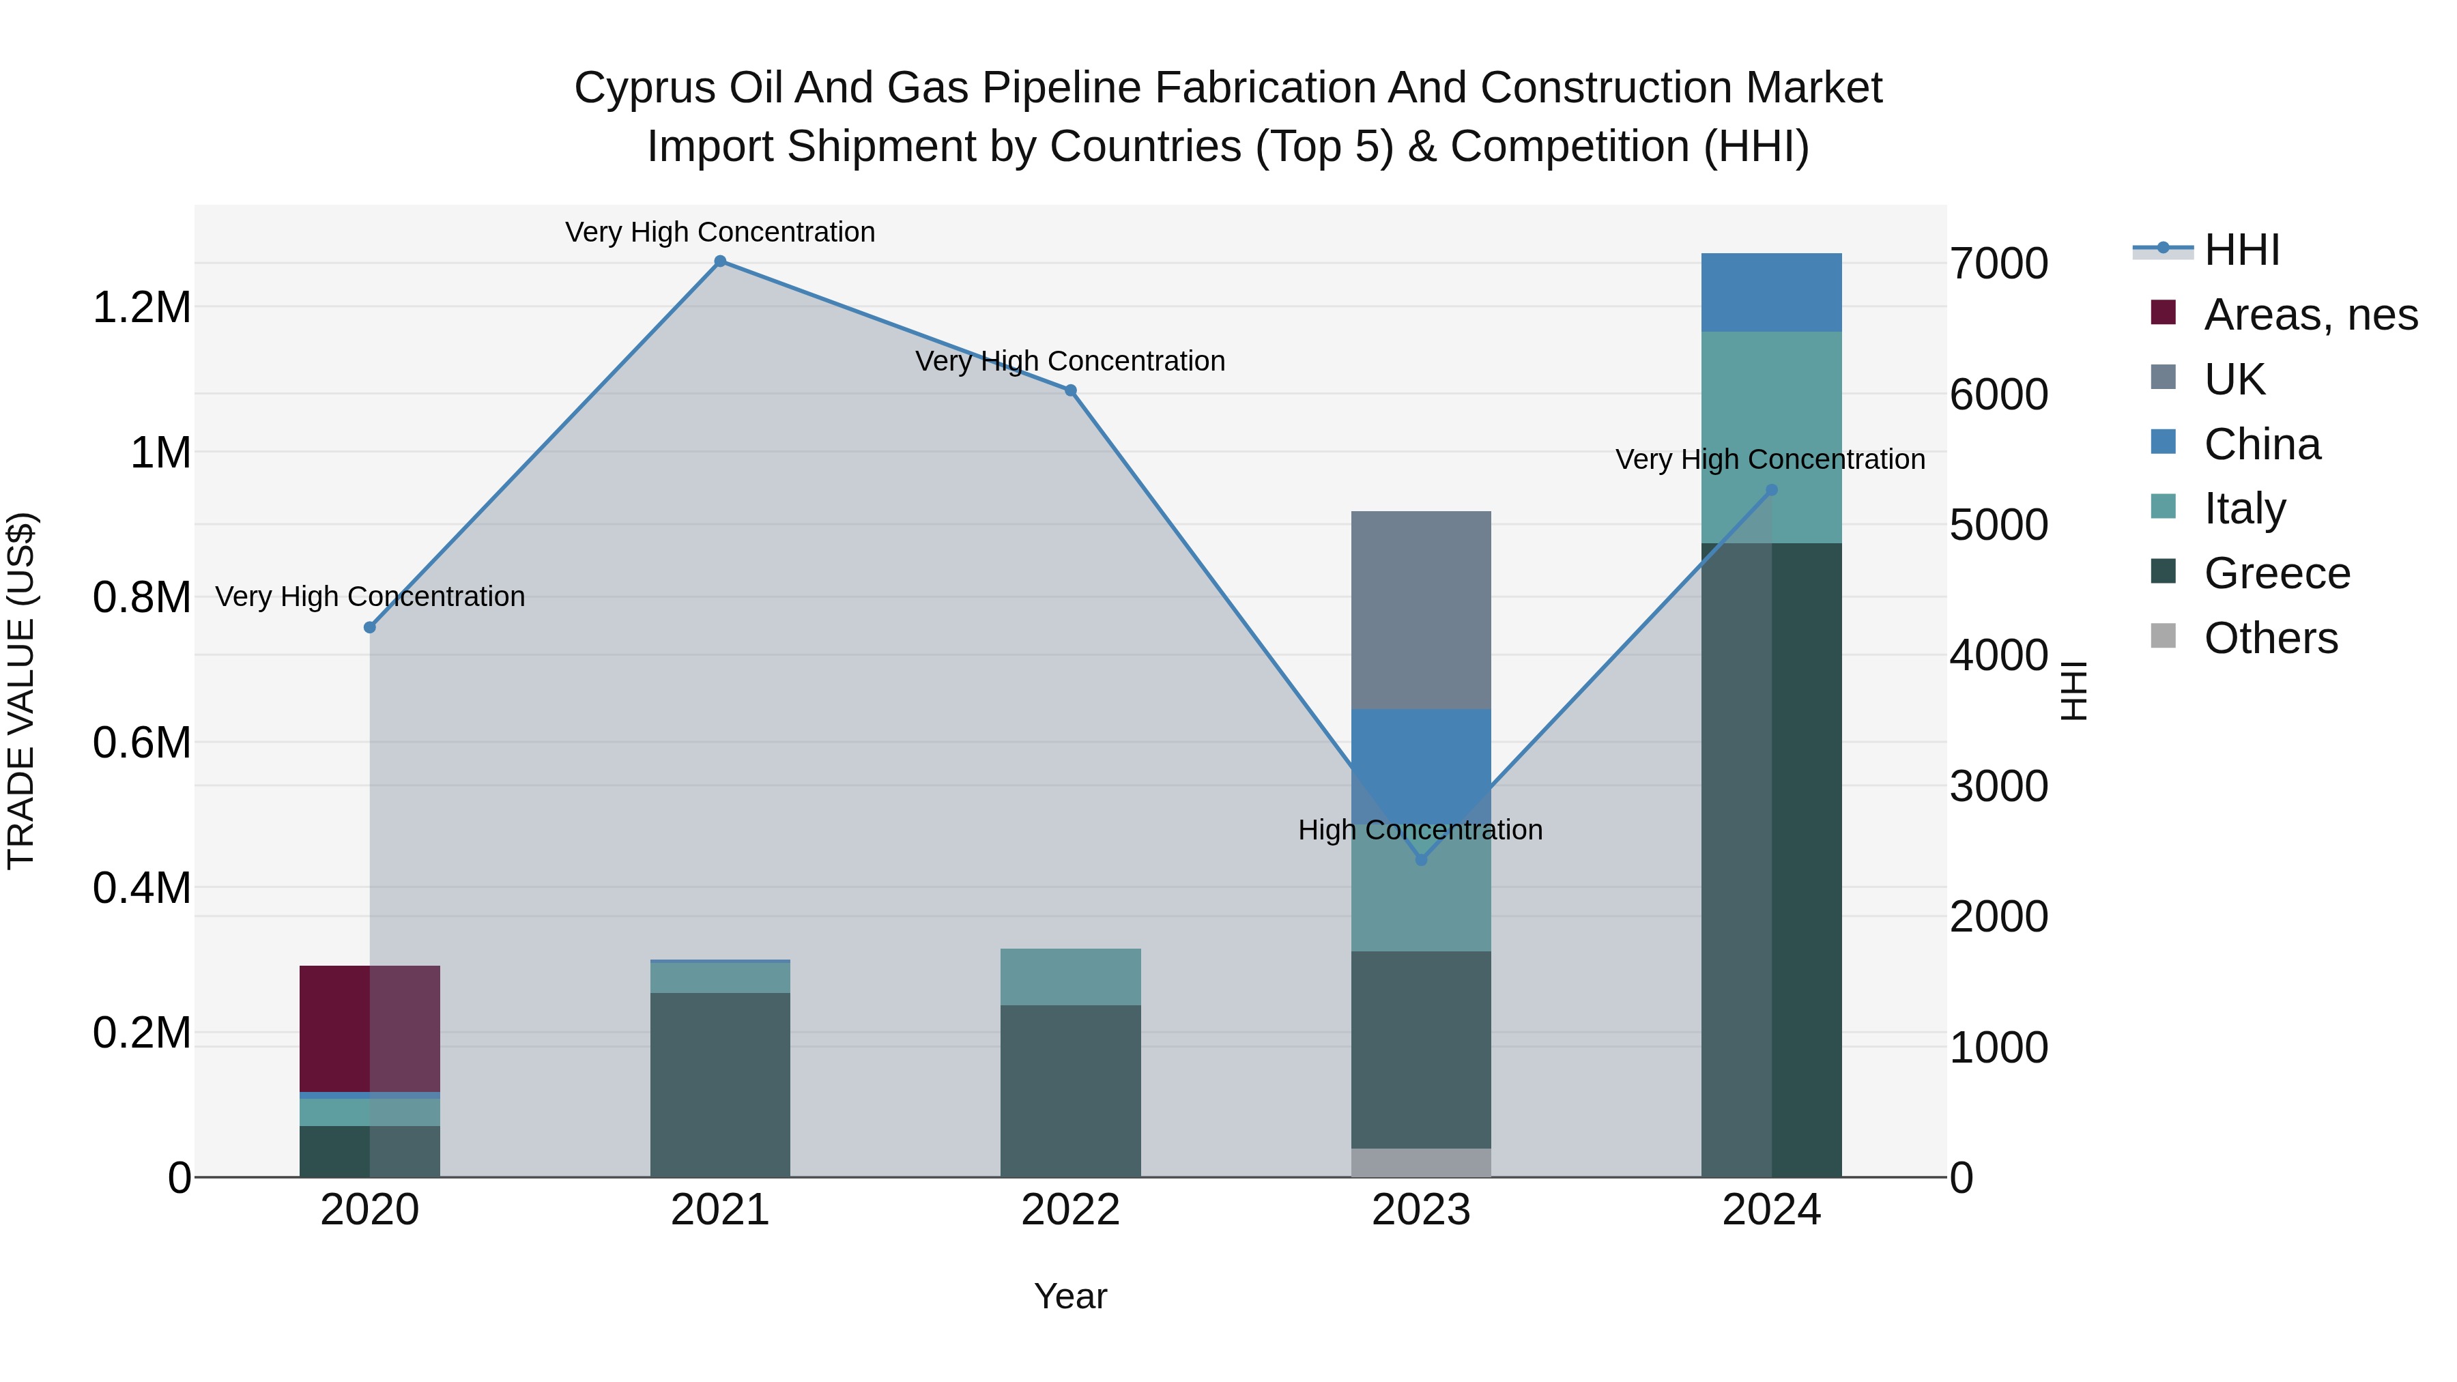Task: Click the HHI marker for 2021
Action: [x=720, y=261]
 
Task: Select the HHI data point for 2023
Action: [x=1421, y=859]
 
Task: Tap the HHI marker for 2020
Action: [x=370, y=628]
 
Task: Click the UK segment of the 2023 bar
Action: [x=1421, y=610]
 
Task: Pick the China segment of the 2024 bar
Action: [x=1771, y=293]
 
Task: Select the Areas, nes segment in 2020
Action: [x=370, y=1028]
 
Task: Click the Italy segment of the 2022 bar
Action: [x=1070, y=977]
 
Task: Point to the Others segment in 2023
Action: [x=1421, y=1163]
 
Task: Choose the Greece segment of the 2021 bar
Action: [x=720, y=1084]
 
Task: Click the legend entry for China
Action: [x=2262, y=444]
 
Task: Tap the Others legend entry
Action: [x=2270, y=638]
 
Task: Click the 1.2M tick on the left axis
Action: [x=141, y=308]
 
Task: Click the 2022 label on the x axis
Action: [x=1070, y=1210]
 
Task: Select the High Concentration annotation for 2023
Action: [x=1420, y=830]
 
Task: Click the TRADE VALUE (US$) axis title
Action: [x=22, y=691]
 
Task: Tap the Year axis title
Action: [x=1070, y=1296]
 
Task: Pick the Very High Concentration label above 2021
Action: [x=720, y=232]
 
